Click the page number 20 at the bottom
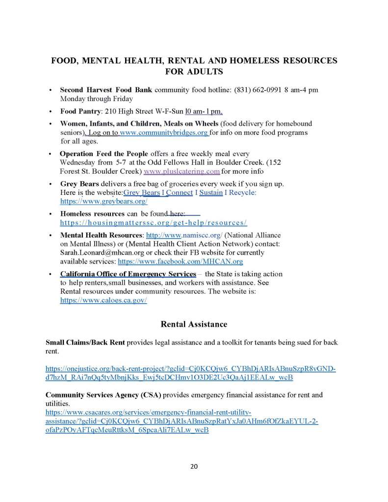(x=194, y=466)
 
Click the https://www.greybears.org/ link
(x=103, y=201)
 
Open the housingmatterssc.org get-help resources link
(x=153, y=222)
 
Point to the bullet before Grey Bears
(x=52, y=184)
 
